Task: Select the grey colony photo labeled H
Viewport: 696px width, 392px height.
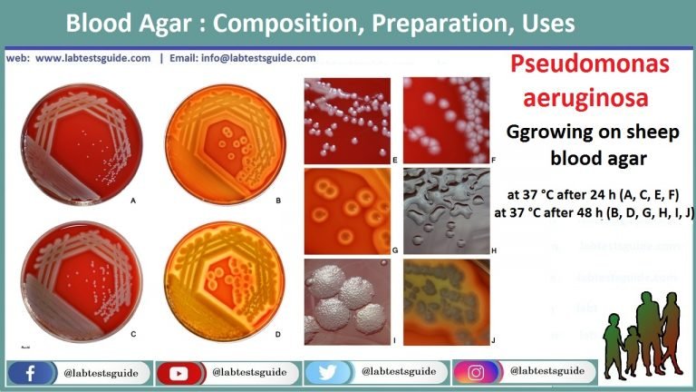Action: (x=446, y=210)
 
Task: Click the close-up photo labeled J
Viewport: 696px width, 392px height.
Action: (x=446, y=300)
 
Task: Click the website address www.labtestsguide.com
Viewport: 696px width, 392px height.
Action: (x=94, y=57)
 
